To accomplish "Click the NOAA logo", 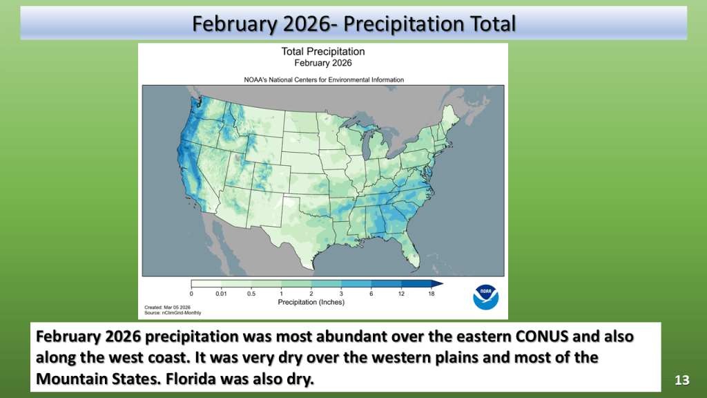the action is tap(485, 297).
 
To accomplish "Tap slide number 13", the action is tap(681, 381).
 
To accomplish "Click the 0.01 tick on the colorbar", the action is tap(221, 294).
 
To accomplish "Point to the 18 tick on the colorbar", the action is tap(432, 294).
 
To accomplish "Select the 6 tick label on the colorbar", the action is tap(371, 294).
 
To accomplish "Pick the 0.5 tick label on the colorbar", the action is tap(251, 294).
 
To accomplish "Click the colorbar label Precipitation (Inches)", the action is tap(311, 303).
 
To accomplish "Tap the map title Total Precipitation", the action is tap(323, 51).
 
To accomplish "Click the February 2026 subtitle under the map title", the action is tap(323, 63).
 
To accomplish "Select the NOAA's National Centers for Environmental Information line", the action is tap(324, 80).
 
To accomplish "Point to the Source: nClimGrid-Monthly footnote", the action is tap(173, 313).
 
